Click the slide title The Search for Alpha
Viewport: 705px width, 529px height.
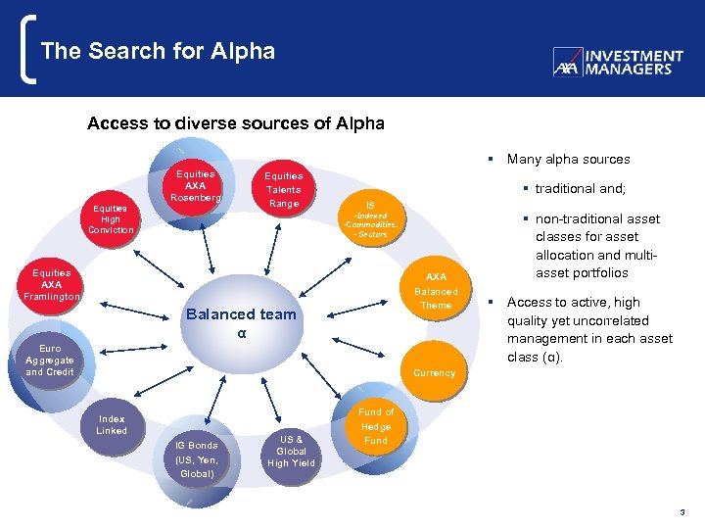point(158,51)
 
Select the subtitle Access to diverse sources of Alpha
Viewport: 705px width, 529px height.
point(235,123)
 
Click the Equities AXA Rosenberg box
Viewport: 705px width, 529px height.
point(196,186)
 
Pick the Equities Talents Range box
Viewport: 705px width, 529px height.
point(283,190)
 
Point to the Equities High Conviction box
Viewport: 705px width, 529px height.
point(111,218)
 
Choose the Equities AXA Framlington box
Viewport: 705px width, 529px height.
point(51,284)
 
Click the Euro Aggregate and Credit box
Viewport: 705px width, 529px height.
point(50,361)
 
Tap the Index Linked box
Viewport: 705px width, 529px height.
point(112,425)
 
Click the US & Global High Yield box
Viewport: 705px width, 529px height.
point(292,451)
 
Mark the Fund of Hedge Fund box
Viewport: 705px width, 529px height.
point(376,427)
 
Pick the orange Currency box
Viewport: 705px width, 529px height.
point(434,372)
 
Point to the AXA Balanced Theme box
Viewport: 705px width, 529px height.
point(436,291)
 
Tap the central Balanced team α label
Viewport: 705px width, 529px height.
point(241,322)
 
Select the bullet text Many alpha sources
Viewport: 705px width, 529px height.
point(568,159)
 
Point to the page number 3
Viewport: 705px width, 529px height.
point(682,512)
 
